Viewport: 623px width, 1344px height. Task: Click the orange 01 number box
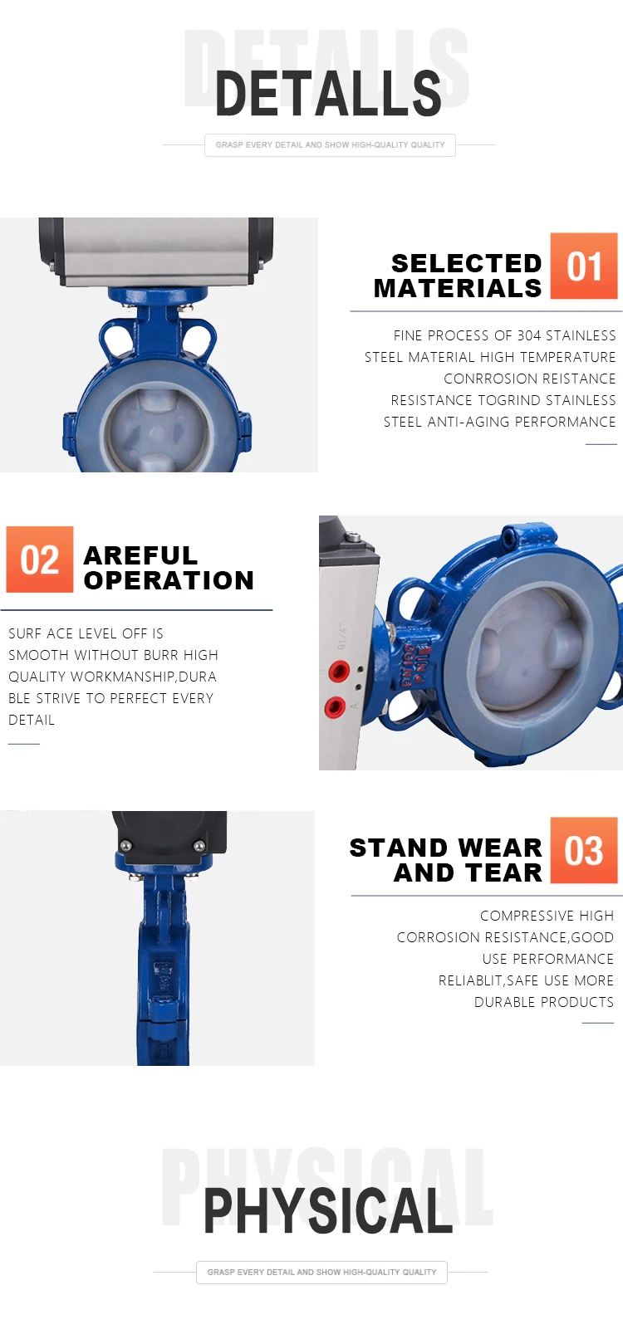(584, 266)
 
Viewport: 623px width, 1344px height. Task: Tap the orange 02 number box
(40, 560)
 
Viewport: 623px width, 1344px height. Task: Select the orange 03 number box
(584, 850)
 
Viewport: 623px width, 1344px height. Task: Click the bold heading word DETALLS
(328, 94)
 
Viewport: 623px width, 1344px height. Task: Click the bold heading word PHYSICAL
(328, 1210)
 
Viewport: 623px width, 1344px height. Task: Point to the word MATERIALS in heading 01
(458, 289)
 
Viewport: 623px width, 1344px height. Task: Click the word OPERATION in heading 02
(169, 580)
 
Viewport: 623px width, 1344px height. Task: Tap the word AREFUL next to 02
(140, 555)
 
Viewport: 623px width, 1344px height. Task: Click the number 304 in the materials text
(529, 335)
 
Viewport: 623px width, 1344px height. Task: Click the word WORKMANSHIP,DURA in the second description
(144, 677)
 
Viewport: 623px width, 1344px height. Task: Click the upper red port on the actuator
(339, 670)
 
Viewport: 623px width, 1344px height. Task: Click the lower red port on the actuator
(335, 706)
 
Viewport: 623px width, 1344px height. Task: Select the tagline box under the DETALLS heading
(330, 145)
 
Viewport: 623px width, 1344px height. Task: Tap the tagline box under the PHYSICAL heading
(321, 1272)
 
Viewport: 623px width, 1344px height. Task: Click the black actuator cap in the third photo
(169, 838)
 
